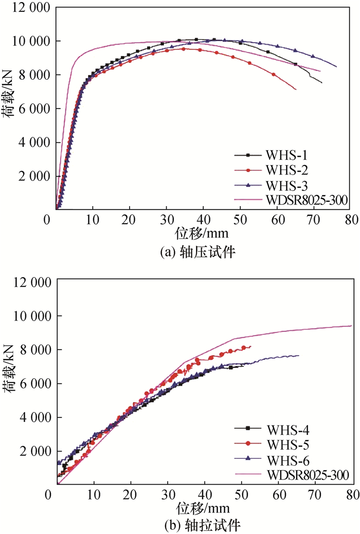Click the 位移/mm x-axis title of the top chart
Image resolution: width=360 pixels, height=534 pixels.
coord(202,233)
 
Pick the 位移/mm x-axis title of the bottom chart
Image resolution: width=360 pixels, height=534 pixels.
coord(202,508)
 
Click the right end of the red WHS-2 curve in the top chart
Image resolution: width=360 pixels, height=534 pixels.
coord(296,90)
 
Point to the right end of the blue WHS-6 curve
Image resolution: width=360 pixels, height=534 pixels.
coord(299,356)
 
